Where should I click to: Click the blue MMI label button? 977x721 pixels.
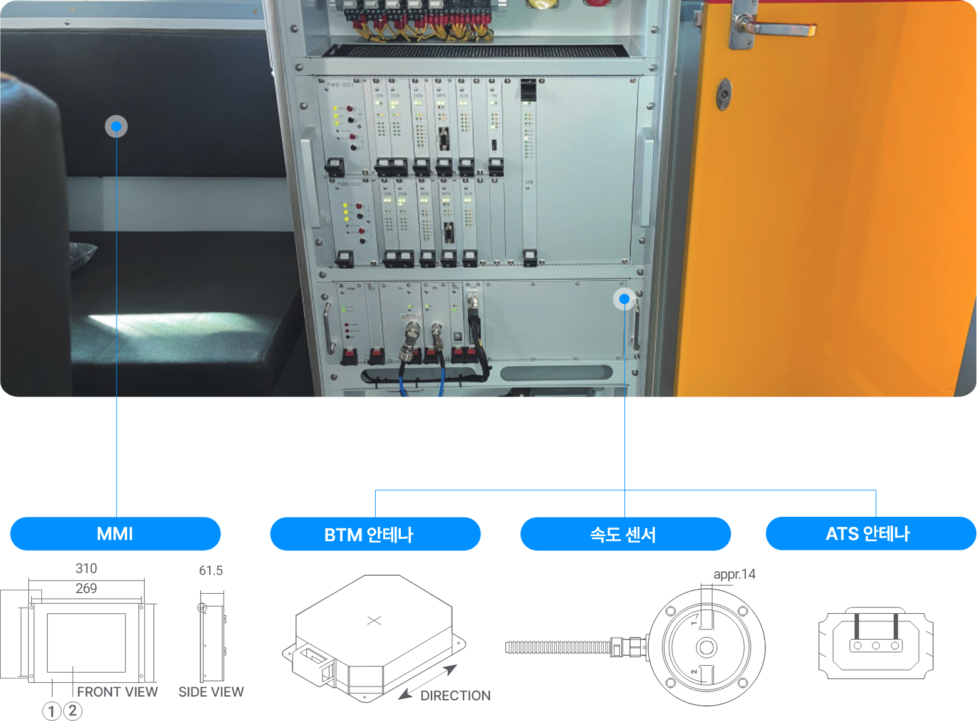(x=115, y=534)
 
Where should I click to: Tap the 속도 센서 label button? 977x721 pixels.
(x=625, y=534)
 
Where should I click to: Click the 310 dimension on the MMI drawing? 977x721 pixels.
(x=86, y=568)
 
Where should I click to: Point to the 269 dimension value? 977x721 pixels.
(x=86, y=588)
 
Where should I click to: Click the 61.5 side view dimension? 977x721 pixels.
(x=211, y=571)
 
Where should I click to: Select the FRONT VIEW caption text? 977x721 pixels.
(x=117, y=692)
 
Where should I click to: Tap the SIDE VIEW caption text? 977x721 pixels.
(x=211, y=692)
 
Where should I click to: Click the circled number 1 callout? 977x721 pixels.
(x=52, y=711)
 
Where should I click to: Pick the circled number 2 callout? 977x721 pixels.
(x=73, y=711)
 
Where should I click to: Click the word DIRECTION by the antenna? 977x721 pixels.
(x=455, y=695)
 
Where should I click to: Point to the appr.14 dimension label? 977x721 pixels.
(x=734, y=574)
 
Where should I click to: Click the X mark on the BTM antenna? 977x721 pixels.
(x=374, y=620)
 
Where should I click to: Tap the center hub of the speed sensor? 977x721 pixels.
(x=706, y=647)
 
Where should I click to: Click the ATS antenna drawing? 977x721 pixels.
(x=876, y=643)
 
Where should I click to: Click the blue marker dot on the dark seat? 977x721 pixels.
(x=116, y=127)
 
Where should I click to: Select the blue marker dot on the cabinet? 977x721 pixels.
(x=624, y=299)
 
